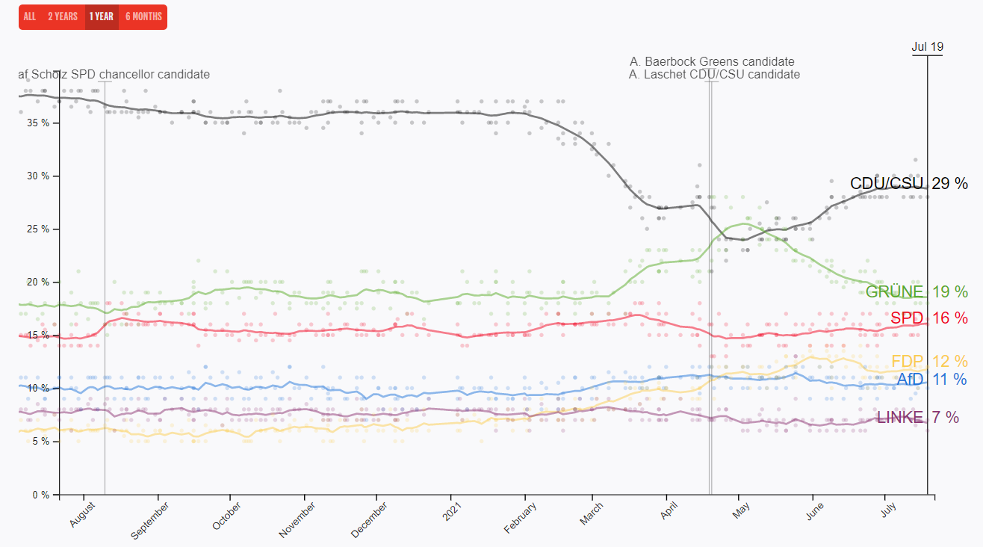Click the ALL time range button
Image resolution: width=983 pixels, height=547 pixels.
click(x=30, y=16)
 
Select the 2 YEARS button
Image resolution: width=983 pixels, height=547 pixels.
click(x=63, y=16)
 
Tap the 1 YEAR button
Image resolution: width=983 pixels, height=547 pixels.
click(x=101, y=16)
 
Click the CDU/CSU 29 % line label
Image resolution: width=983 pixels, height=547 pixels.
click(x=908, y=183)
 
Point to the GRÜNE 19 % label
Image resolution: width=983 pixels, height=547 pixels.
click(x=917, y=291)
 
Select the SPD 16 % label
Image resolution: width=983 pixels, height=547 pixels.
click(x=928, y=318)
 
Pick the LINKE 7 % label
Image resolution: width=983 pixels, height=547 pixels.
click(x=917, y=417)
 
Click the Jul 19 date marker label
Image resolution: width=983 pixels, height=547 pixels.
click(x=927, y=46)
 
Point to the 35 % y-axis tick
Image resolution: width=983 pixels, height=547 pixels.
click(x=40, y=123)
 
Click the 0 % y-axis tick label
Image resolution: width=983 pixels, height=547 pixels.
click(x=42, y=495)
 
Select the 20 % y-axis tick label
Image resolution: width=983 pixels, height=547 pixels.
click(x=40, y=282)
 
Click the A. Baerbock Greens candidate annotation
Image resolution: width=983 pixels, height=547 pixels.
click(x=712, y=61)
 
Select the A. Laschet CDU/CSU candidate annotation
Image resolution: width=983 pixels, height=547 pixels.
click(x=714, y=75)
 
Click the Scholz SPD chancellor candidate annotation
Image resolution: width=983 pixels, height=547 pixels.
click(x=114, y=75)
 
